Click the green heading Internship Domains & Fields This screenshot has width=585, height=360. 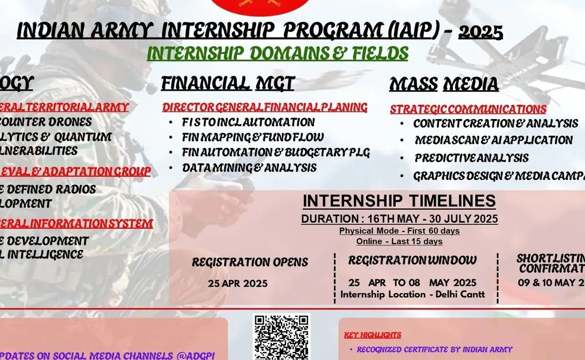(x=277, y=53)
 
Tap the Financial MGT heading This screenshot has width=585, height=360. (x=228, y=83)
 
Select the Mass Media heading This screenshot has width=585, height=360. (x=444, y=84)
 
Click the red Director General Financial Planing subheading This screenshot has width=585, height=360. (x=265, y=107)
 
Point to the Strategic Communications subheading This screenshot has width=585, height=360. (x=468, y=109)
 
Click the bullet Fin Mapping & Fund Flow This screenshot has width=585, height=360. (x=253, y=137)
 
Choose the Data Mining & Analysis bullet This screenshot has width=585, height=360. (x=249, y=168)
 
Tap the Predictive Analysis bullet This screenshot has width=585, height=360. (x=471, y=158)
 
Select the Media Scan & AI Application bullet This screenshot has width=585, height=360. (x=493, y=140)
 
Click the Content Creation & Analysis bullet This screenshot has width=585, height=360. (x=495, y=123)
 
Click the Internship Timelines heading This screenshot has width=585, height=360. (x=399, y=201)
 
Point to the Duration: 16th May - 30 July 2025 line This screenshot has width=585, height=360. (x=399, y=219)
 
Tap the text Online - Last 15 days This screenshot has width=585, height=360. (x=399, y=241)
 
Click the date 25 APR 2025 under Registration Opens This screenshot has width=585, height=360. (x=237, y=283)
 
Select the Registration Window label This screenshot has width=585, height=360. (x=412, y=260)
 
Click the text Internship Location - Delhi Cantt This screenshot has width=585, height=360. (x=412, y=295)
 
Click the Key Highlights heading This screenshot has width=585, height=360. (x=372, y=335)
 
